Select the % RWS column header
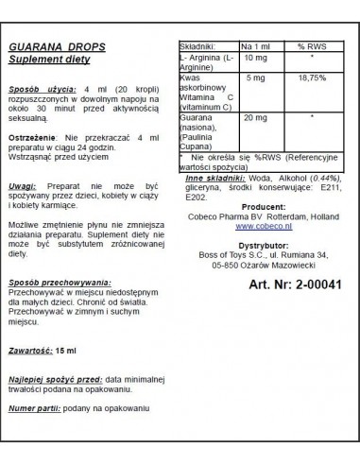(311, 46)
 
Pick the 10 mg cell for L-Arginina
(255, 58)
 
